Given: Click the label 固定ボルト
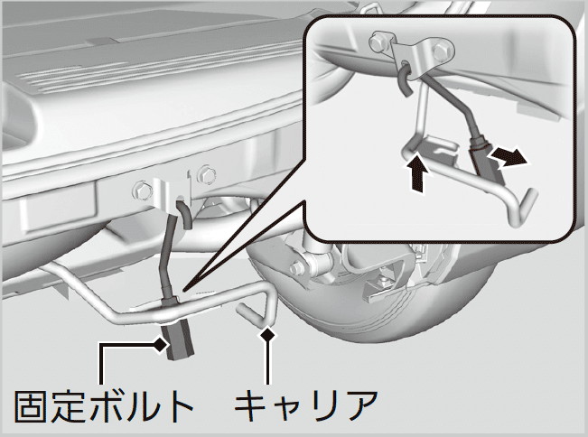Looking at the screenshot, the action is (x=104, y=407).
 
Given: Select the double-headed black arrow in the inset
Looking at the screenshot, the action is (x=509, y=157).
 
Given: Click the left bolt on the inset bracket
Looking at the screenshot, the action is (x=378, y=42).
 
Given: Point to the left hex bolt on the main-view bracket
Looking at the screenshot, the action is (x=141, y=191).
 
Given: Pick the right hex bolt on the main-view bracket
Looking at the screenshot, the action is (x=206, y=174).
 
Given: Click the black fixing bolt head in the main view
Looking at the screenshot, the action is (x=178, y=342).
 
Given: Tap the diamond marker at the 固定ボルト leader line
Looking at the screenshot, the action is (x=161, y=345).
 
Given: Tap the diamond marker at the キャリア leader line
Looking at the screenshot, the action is (x=267, y=334).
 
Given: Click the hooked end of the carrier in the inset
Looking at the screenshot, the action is (x=524, y=209).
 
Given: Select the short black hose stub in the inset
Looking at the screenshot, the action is (x=405, y=80).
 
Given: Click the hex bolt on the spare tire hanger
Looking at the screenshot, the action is (x=296, y=267).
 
